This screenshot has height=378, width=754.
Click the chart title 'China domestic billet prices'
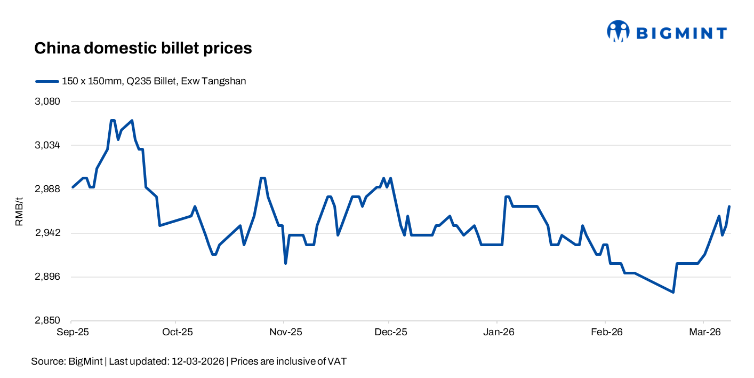143,48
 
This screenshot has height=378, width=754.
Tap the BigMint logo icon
619,31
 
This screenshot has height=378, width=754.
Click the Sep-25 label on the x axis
73,332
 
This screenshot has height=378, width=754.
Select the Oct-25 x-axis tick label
177,332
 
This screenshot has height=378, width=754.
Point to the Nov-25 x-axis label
286,332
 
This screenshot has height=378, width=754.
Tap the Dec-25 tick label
391,332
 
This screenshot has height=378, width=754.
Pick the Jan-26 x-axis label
499,332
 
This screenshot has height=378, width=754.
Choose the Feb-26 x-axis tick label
606,332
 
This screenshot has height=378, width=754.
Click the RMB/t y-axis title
19,211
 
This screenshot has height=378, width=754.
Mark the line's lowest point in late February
673,292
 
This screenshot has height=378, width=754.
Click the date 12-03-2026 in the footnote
198,361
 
